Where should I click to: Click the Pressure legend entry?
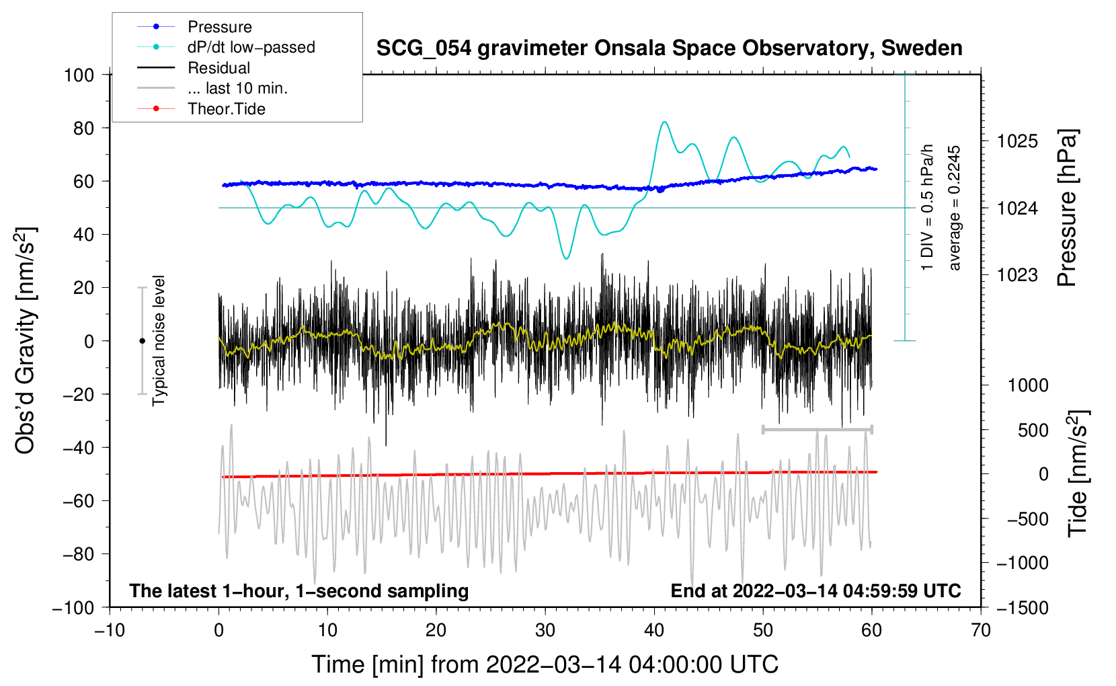(219, 27)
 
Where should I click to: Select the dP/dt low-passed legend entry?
(251, 47)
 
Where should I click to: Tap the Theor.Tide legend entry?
(226, 109)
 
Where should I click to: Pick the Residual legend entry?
(218, 68)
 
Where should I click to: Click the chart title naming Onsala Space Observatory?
(669, 48)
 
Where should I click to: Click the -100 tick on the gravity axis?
(73, 607)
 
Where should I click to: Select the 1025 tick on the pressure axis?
(1017, 141)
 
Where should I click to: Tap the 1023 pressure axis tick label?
(1017, 274)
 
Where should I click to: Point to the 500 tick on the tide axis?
(1033, 430)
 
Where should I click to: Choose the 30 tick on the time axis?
(545, 630)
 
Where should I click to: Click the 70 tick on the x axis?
(981, 630)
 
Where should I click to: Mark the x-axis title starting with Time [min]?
(545, 664)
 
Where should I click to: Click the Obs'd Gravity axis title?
(25, 341)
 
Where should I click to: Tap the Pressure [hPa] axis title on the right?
(1067, 208)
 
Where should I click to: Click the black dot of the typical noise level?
(142, 341)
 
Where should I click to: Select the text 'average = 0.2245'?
(955, 208)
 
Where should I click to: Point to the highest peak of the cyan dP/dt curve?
(664, 122)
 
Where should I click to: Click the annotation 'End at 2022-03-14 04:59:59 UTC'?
(815, 590)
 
